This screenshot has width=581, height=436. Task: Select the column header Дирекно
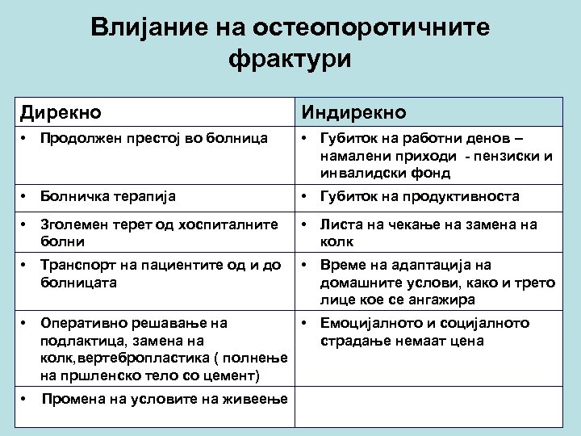(61, 111)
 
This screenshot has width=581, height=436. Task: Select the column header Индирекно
(354, 111)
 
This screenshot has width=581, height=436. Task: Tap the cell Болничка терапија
(109, 196)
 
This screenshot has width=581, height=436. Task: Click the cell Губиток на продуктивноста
(420, 196)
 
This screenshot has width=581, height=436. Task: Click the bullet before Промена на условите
(25, 398)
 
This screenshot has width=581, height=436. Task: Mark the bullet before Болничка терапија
(25, 196)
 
